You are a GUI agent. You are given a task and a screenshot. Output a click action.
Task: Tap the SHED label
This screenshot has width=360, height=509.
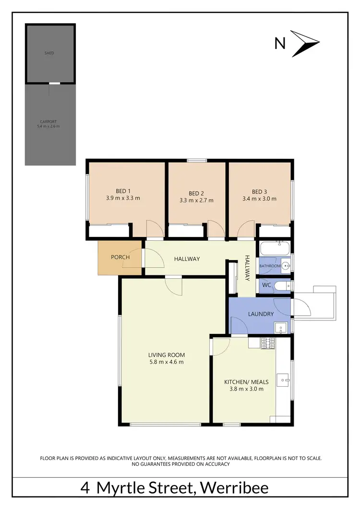[x=49, y=53]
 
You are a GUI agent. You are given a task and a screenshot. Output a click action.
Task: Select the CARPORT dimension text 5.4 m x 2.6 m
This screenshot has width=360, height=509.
[x=48, y=127]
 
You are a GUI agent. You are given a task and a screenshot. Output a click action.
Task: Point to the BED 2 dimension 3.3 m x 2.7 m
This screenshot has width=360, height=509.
[x=196, y=201]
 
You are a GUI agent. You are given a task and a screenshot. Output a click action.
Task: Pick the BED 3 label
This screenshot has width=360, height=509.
[x=260, y=190]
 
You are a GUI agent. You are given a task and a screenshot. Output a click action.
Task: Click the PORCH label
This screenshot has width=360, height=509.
[x=120, y=257]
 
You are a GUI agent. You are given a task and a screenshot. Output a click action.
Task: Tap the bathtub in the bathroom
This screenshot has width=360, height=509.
[x=275, y=249]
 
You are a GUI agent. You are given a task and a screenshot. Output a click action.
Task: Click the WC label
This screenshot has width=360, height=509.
[x=267, y=285]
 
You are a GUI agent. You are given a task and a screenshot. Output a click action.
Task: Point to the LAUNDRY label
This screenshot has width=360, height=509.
[x=261, y=314]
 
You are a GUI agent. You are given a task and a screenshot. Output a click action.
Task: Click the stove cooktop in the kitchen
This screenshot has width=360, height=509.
[x=268, y=343]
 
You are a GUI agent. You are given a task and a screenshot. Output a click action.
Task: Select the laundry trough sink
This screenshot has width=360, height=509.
[x=281, y=328]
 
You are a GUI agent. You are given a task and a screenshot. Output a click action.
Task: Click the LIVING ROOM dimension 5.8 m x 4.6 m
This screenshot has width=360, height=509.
[x=166, y=362]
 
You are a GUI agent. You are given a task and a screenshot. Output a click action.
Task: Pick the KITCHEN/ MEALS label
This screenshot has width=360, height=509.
[x=246, y=382]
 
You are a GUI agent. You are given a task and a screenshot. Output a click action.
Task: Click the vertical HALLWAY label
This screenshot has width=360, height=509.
[x=248, y=268]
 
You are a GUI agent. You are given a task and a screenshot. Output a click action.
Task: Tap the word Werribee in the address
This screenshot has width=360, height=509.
[x=235, y=488]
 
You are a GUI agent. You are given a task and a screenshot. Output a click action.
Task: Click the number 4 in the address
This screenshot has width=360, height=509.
[x=85, y=488]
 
